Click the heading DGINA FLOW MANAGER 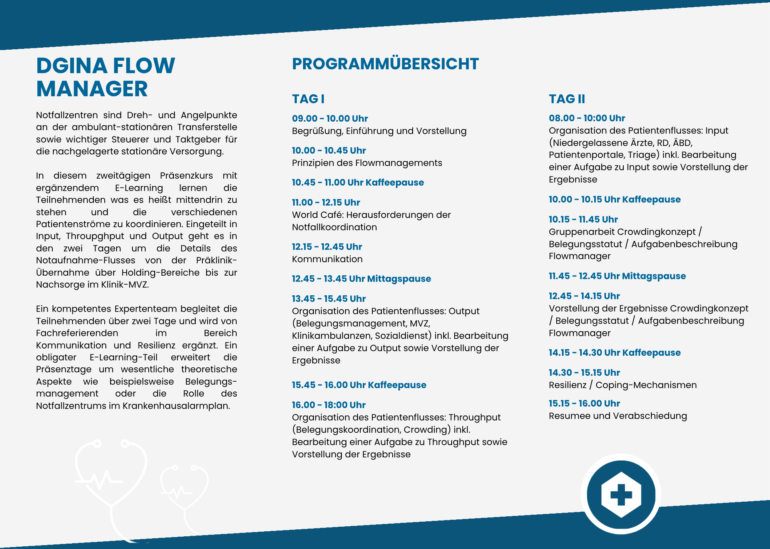tap(105, 77)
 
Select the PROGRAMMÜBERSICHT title tap(385, 64)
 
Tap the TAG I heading tap(308, 99)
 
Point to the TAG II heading tap(567, 99)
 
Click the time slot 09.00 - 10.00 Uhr tap(330, 119)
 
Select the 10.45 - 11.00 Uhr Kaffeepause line tap(358, 182)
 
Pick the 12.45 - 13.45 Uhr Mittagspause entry tap(361, 279)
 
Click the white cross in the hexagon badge tap(621, 494)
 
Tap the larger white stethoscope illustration tap(111, 485)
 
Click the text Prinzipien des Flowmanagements tap(367, 163)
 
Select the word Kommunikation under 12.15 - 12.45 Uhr tap(327, 259)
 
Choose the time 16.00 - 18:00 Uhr tap(328, 405)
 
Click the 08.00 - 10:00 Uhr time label tap(587, 118)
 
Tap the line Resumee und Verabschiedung tap(618, 416)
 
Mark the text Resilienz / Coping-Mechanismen tap(623, 385)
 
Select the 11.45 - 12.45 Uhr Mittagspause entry tap(617, 276)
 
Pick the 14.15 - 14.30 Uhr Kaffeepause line tap(614, 353)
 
